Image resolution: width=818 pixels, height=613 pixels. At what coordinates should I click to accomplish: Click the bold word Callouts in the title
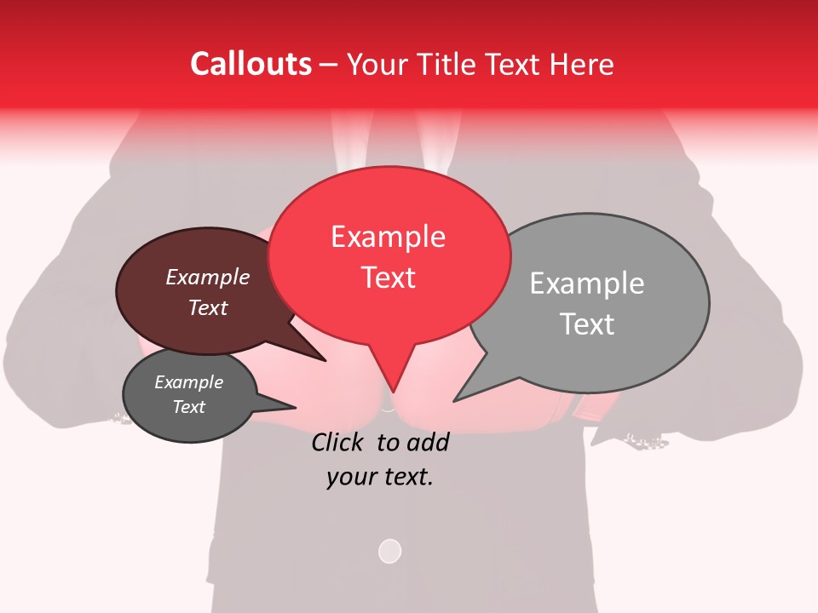[x=251, y=64]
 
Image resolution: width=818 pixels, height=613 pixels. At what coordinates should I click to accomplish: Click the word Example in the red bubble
[x=388, y=237]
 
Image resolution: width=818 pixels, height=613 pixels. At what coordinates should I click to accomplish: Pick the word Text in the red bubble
[x=388, y=278]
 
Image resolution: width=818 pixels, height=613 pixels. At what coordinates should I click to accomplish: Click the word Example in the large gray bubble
[x=586, y=284]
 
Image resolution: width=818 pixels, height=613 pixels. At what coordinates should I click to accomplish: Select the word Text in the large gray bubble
[x=586, y=324]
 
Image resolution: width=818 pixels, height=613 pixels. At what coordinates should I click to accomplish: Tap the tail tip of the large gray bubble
[x=454, y=401]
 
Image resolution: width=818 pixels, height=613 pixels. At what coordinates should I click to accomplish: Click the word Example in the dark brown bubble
[x=208, y=278]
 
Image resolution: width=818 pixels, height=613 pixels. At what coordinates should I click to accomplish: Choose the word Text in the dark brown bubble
[x=208, y=308]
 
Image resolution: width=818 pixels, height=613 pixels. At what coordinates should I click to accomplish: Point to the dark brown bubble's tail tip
[x=325, y=361]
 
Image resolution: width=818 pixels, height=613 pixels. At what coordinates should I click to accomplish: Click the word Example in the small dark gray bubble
[x=188, y=382]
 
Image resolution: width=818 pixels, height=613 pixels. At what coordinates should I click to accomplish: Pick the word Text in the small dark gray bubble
[x=188, y=407]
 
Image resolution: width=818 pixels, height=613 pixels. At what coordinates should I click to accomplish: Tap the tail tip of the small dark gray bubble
[x=296, y=407]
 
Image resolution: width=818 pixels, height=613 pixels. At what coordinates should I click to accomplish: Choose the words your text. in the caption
[x=380, y=477]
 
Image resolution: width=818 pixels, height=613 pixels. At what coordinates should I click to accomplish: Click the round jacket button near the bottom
[x=389, y=551]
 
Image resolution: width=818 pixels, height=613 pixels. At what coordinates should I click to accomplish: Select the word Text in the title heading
[x=521, y=64]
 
